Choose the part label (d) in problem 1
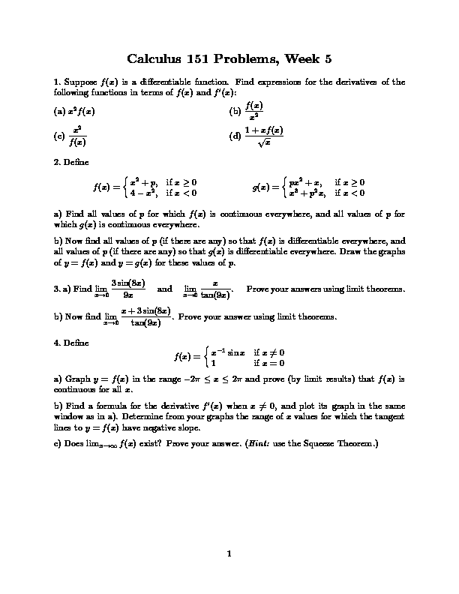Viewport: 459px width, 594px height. click(235, 136)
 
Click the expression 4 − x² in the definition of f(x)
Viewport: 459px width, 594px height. click(143, 192)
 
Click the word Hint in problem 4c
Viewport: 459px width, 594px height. click(274, 442)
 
